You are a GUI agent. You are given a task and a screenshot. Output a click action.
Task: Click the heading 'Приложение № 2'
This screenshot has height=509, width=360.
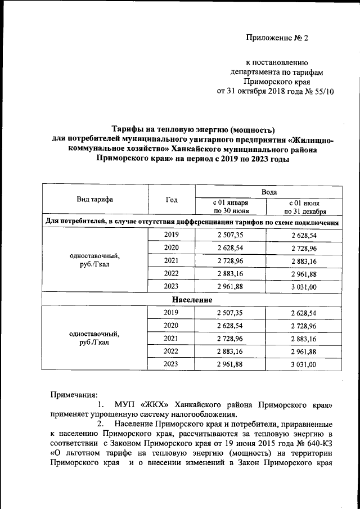278,38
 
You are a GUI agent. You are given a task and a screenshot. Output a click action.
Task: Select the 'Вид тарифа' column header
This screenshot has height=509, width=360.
94,200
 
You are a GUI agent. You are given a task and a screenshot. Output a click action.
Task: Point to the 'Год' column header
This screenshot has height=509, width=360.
172,200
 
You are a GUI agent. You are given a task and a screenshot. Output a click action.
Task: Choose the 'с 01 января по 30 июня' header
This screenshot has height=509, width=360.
230,206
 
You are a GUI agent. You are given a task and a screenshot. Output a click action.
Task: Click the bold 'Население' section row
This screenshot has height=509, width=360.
192,300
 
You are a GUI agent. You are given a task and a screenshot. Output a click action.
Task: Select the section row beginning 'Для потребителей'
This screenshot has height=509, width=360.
192,222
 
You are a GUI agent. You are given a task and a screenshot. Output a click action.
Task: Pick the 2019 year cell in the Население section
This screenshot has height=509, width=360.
170,313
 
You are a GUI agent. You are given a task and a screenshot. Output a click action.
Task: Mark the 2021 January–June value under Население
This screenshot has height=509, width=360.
230,339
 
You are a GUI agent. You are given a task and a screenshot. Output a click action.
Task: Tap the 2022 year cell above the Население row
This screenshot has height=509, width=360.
170,274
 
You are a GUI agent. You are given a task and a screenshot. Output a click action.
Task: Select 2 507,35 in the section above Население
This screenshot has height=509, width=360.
230,235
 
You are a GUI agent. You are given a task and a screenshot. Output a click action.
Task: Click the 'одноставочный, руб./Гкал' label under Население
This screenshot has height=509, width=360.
94,338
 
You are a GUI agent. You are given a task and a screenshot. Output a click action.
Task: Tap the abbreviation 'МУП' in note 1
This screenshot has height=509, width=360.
124,405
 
